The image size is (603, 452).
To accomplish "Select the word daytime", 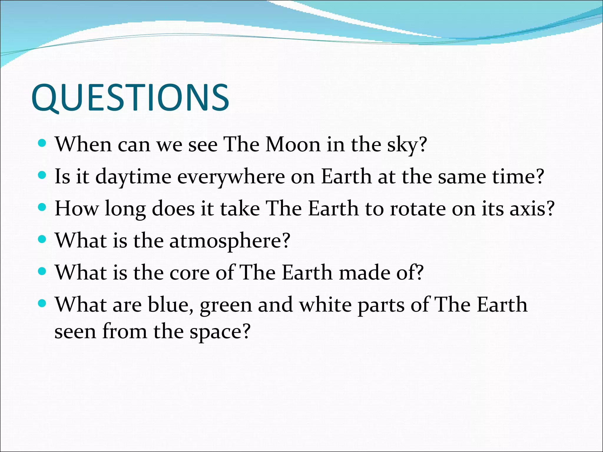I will coord(133,177).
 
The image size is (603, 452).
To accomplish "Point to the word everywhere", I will coord(231,177).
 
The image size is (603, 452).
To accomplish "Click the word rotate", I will coord(418,209).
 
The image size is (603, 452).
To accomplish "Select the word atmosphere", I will coord(226,241).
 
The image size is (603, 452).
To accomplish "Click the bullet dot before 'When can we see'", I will coord(43,143).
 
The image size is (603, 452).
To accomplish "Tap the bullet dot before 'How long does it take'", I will coord(43,207).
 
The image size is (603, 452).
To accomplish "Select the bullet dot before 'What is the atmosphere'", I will coord(43,240).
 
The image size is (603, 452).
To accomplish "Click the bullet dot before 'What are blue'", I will coord(43,303).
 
